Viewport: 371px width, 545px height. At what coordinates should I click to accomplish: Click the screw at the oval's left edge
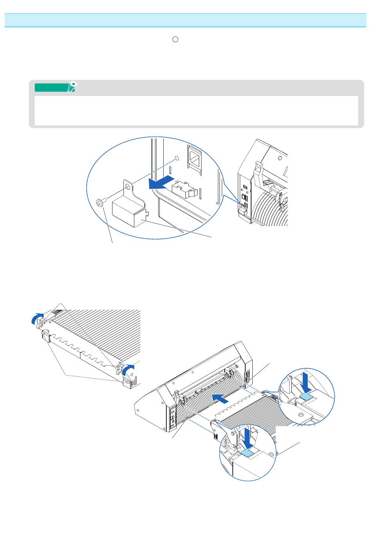[100, 202]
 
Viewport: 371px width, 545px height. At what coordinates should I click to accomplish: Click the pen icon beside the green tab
[72, 87]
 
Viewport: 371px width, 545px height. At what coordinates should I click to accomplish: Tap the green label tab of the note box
[52, 87]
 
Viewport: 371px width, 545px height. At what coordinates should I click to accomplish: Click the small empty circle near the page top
[176, 39]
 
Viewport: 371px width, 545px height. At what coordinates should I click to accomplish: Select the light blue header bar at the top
[185, 20]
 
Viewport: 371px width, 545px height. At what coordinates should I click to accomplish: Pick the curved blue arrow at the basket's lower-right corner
[128, 368]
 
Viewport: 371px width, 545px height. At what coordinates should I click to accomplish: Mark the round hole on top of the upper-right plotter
[280, 158]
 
